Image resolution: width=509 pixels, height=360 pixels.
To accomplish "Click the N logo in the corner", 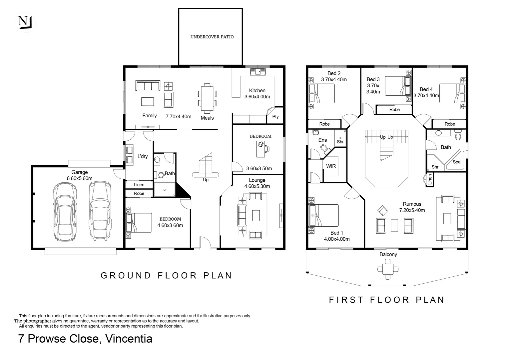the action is tap(25, 22).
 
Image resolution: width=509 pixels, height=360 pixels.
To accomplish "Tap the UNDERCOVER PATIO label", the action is tap(212, 37).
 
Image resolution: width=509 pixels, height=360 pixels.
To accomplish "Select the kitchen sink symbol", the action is tap(258, 72).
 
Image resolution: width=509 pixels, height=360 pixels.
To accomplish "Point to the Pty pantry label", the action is tap(275, 117).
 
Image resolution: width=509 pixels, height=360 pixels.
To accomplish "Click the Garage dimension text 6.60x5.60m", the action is tap(80, 178).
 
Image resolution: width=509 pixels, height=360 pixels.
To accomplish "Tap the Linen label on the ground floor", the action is tap(139, 185).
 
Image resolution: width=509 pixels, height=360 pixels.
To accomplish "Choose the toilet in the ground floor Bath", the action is tap(160, 175).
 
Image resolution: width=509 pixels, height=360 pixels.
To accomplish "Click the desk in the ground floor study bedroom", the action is tap(260, 149).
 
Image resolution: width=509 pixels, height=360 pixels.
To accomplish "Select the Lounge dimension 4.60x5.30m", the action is tap(257, 186).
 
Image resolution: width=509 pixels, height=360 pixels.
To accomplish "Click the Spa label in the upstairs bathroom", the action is tap(456, 162).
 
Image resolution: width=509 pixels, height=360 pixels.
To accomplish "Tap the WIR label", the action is tap(331, 166).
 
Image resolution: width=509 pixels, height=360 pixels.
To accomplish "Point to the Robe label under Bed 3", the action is tap(394, 109).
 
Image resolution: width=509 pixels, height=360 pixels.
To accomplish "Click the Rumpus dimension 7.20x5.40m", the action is tap(412, 210).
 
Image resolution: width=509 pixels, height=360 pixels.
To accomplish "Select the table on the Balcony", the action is tap(388, 269).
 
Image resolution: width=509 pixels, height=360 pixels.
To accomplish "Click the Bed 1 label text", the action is tap(336, 233).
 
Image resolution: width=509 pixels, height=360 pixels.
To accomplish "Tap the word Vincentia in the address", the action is tap(129, 338).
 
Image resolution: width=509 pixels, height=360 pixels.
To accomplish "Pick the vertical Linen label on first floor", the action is tap(430, 179).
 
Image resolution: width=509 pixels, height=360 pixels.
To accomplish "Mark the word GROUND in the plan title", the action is tap(126, 275).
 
